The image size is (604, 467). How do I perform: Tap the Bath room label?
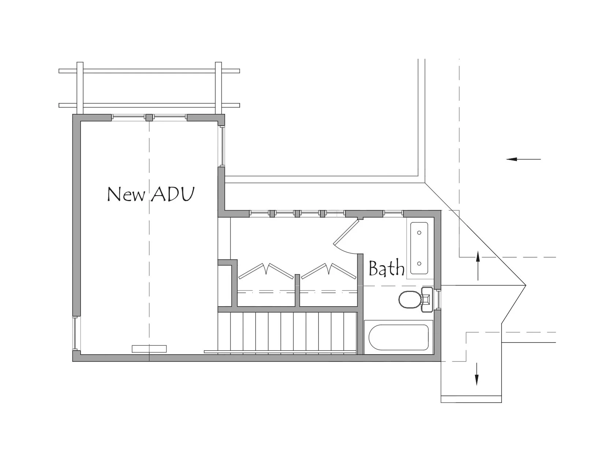pos(387,268)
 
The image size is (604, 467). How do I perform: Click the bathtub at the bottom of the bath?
pos(399,337)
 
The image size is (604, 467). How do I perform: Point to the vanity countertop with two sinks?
pos(419,248)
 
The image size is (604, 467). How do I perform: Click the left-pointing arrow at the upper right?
pos(523,159)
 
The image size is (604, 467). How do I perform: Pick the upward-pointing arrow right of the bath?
pos(478,266)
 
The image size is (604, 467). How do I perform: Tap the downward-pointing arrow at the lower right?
pos(477,374)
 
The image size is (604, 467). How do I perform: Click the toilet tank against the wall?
pos(427,300)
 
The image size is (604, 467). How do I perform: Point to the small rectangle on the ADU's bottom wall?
pos(149,349)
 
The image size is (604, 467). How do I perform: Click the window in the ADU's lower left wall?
pos(75,333)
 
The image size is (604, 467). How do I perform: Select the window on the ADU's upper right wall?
pos(222,146)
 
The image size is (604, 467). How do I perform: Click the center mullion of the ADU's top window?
pos(149,118)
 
